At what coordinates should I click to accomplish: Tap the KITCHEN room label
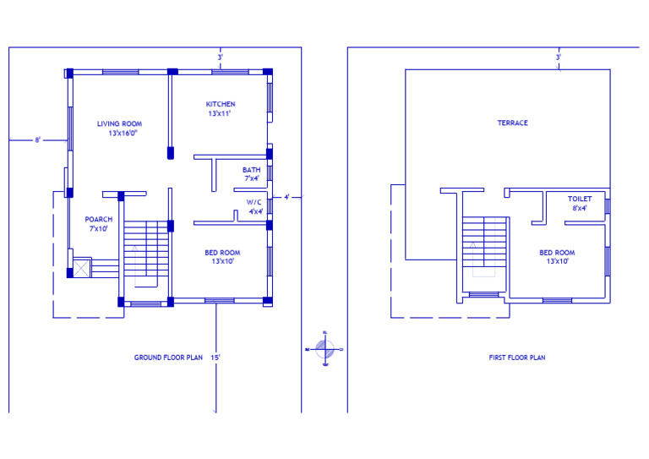[221, 104]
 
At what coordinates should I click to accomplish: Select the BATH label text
[251, 170]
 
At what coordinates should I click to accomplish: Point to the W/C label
[254, 203]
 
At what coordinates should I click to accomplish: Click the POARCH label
[98, 219]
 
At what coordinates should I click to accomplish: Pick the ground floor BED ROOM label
[222, 253]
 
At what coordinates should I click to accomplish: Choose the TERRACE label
[512, 123]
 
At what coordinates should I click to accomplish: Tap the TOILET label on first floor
[579, 199]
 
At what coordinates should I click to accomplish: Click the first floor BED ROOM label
[557, 253]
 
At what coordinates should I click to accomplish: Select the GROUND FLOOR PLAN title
[168, 358]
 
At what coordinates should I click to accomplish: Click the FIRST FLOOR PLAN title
[516, 358]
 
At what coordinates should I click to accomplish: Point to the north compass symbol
[325, 347]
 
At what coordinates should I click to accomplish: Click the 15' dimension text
[216, 358]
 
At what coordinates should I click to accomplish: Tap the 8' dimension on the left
[38, 139]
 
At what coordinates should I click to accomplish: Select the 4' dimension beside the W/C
[286, 197]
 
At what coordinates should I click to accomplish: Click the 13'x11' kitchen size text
[221, 113]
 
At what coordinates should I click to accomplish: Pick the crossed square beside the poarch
[82, 268]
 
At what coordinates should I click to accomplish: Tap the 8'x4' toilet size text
[579, 208]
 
